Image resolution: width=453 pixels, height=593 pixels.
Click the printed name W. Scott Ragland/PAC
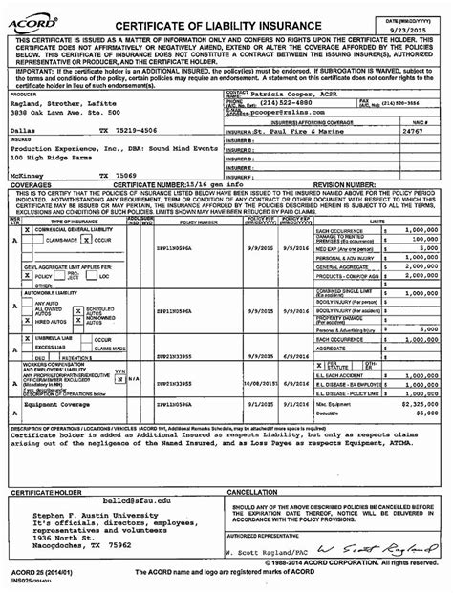tap(271, 552)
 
